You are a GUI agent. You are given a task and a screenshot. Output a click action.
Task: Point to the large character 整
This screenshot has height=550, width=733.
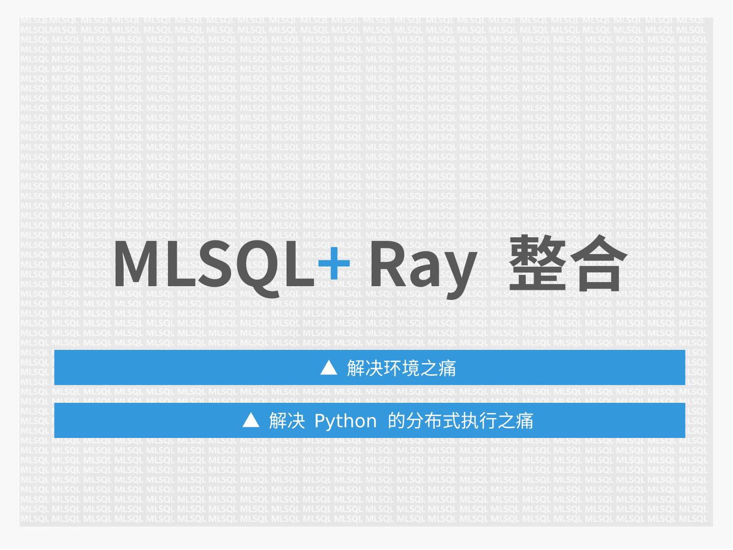[537, 264]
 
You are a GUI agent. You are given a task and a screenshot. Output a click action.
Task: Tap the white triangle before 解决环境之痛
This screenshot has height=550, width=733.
[329, 367]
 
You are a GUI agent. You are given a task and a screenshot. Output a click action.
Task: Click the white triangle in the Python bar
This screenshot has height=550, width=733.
[250, 420]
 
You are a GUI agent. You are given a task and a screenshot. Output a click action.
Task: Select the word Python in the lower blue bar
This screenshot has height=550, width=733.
[346, 421]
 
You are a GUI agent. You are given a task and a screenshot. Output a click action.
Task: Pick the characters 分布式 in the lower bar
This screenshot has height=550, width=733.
[432, 421]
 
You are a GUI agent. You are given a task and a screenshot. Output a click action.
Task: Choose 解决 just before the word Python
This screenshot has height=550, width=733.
[287, 421]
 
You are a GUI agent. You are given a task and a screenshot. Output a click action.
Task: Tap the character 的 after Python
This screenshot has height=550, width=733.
[396, 421]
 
